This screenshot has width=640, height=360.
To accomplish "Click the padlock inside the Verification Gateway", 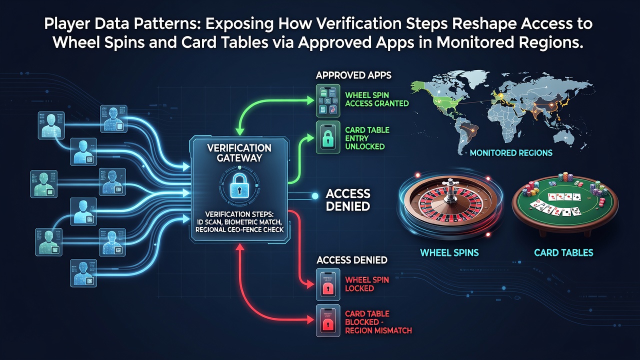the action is coord(239,186).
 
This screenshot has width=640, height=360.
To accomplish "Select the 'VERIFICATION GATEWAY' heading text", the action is coord(239,153).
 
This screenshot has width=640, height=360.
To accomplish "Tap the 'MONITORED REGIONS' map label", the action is coord(511,153).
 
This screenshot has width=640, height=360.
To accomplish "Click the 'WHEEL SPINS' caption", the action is coord(449,252).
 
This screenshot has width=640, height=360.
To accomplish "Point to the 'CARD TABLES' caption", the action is coord(563,252).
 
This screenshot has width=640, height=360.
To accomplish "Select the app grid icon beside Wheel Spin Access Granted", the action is coord(328,100).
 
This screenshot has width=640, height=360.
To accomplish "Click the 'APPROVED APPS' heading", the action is coord(353,75).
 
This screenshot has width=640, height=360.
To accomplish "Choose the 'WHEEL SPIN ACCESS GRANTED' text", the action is coord(377,99).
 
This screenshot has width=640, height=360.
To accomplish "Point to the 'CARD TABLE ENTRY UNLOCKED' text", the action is coord(367,138).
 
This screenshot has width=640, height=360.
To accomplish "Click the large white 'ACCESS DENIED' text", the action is coord(348,200).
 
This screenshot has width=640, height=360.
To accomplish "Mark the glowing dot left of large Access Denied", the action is coord(315,196).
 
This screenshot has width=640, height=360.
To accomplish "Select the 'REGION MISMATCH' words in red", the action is coord(378,330).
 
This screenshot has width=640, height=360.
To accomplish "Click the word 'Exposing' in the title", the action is coord(239,24).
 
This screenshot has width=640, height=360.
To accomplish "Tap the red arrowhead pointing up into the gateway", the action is coord(240,247).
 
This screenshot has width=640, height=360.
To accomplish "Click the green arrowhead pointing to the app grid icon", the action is coord(310,100).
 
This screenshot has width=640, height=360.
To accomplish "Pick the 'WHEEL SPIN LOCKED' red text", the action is coord(367,284).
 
